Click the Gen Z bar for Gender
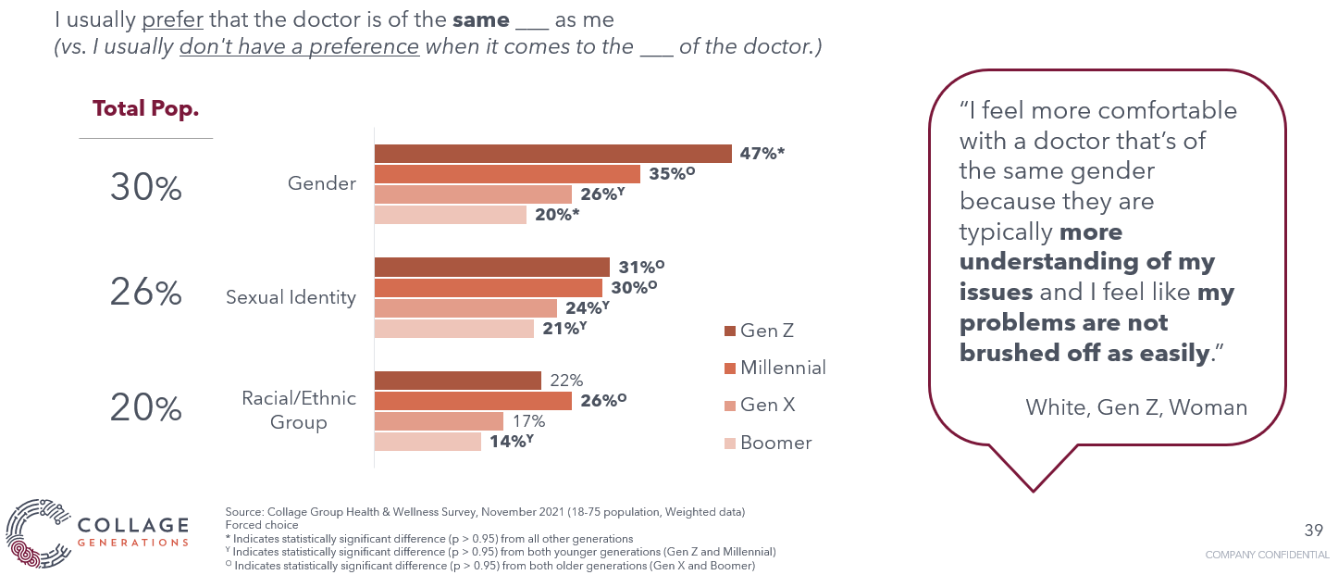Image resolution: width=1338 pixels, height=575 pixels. (x=552, y=154)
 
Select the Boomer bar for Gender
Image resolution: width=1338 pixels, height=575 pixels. (x=450, y=215)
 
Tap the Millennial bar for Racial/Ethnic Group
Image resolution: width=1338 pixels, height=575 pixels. (x=473, y=400)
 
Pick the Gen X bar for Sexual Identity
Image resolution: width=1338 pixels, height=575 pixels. (x=465, y=308)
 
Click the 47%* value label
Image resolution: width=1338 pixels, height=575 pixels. (x=762, y=154)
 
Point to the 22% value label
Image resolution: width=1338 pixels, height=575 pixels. (x=566, y=381)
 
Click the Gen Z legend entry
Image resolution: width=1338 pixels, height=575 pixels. (x=758, y=331)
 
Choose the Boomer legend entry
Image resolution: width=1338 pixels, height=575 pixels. (x=767, y=443)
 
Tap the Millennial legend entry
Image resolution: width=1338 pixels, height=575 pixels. (x=774, y=368)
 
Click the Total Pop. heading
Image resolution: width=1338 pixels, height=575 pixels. (x=146, y=108)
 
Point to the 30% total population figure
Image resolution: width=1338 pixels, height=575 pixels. (x=146, y=188)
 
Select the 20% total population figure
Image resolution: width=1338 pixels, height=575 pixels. (x=146, y=408)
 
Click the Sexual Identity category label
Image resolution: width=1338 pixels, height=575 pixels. (x=291, y=297)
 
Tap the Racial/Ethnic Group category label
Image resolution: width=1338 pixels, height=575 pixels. (x=298, y=410)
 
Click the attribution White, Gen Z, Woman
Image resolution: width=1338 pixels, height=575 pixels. (x=1136, y=406)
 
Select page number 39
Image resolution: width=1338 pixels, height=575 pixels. (x=1313, y=530)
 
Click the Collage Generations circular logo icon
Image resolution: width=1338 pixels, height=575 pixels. (x=37, y=533)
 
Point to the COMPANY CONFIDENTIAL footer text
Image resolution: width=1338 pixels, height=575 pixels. (x=1267, y=555)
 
